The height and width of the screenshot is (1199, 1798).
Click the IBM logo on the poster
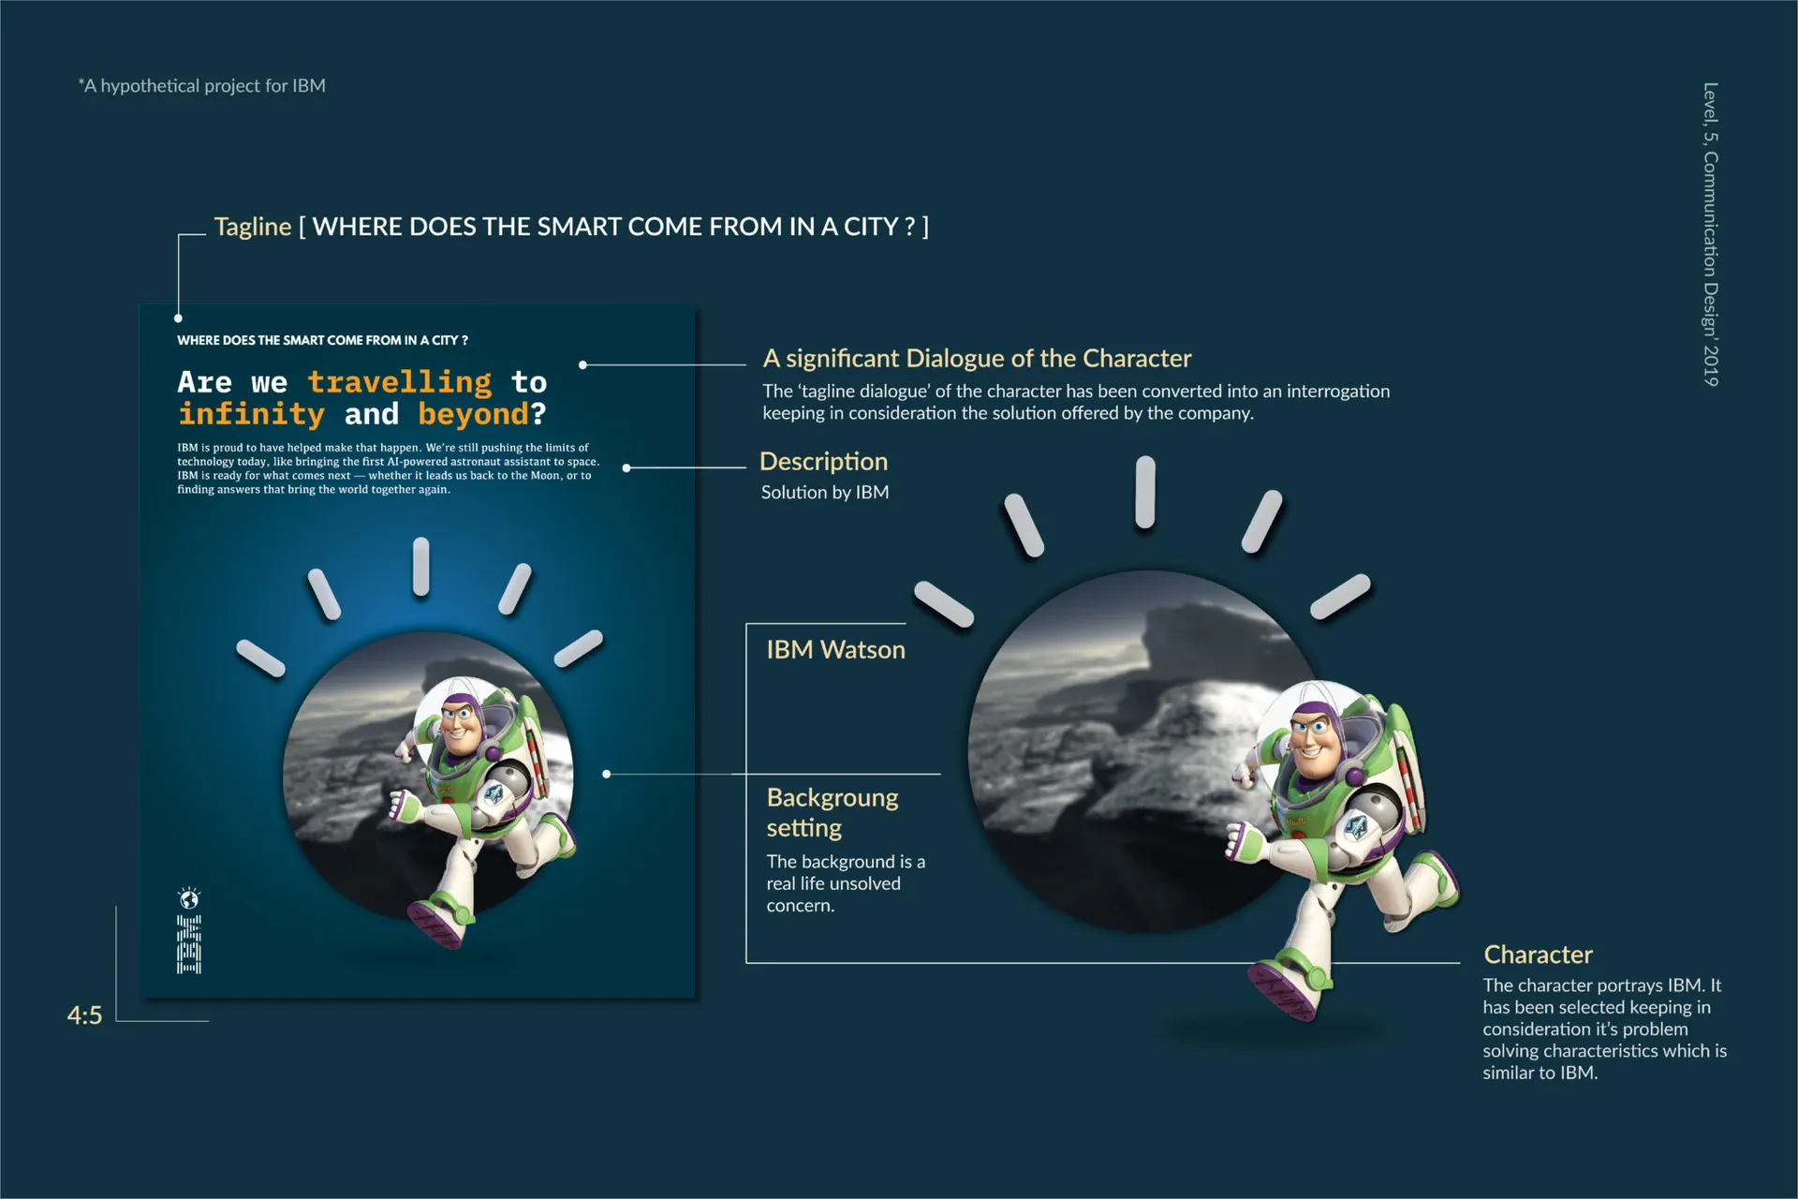(x=189, y=945)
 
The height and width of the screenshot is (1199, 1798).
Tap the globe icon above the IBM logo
(x=189, y=899)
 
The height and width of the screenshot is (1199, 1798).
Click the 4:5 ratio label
(x=84, y=1015)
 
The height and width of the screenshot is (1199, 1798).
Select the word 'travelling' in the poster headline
(x=400, y=381)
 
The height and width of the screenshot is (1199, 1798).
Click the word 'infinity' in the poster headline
(x=251, y=413)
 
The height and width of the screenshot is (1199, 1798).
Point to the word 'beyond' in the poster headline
(x=474, y=414)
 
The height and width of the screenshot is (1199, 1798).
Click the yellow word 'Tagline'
(x=253, y=227)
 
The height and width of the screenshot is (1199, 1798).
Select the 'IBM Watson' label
(x=835, y=650)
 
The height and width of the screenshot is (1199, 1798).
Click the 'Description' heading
(x=823, y=462)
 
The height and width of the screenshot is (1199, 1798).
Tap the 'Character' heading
(x=1538, y=955)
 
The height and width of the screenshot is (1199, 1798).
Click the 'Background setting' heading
(x=833, y=812)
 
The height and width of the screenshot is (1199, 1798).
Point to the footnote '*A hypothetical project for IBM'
(x=201, y=86)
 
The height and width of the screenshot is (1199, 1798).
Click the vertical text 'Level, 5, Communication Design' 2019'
(x=1710, y=234)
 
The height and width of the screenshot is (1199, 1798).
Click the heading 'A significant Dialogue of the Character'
(x=977, y=359)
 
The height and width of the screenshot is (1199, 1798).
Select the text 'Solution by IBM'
(x=825, y=493)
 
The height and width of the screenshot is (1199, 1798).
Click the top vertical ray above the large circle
(x=1145, y=493)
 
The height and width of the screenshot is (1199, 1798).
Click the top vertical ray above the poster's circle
(x=421, y=567)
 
